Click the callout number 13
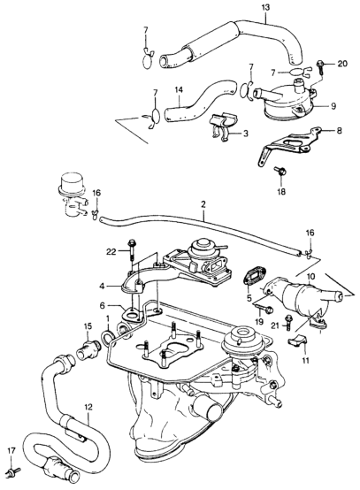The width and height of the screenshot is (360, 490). click(x=265, y=7)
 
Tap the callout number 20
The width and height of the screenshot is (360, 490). click(x=342, y=64)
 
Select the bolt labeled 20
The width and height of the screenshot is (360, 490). click(x=321, y=66)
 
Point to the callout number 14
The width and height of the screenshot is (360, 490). click(x=179, y=90)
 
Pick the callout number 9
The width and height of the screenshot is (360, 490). click(x=333, y=106)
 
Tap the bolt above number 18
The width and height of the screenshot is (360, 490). click(x=280, y=172)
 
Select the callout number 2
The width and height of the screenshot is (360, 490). click(x=203, y=205)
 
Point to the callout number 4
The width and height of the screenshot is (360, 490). click(x=103, y=286)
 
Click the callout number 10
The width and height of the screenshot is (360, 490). click(x=311, y=277)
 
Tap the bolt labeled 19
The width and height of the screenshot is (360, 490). click(x=265, y=310)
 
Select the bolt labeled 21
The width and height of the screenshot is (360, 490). click(x=288, y=322)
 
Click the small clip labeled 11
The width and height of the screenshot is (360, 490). click(x=297, y=340)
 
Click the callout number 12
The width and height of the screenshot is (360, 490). click(x=88, y=408)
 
